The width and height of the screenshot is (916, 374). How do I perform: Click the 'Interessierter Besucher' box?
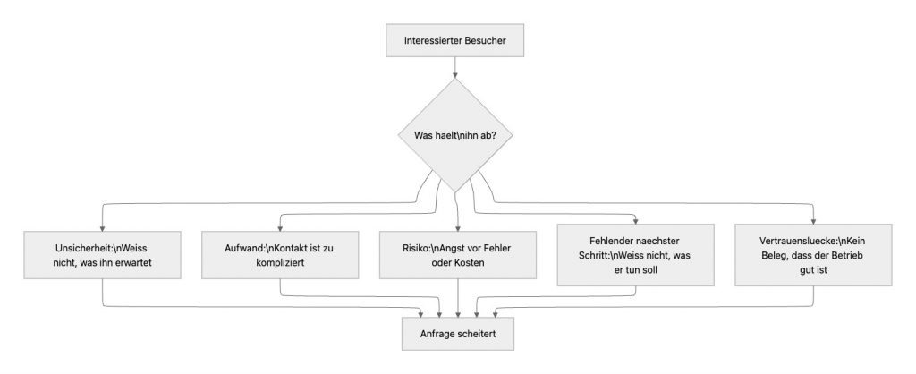tap(457, 40)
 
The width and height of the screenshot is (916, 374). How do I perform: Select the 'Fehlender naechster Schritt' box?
tap(635, 254)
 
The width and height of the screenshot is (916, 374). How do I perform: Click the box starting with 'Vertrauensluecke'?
tap(813, 254)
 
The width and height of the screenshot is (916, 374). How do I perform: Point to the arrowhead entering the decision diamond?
tap(457, 77)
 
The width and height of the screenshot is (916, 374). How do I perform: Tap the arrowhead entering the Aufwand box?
tap(280, 226)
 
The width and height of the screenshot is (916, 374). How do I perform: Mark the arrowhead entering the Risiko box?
tap(457, 226)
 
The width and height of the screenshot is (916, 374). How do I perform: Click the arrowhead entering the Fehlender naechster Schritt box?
tap(635, 219)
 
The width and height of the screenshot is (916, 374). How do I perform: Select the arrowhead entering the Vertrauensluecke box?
tap(813, 219)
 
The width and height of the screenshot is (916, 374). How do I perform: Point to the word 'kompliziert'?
tap(280, 267)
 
